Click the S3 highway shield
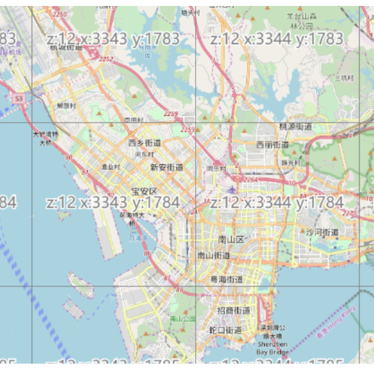point(20,97)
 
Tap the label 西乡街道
point(144,143)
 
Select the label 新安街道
point(166,168)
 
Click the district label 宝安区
point(144,191)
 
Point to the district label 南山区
point(231,240)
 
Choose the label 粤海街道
point(226,279)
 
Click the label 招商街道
point(233,311)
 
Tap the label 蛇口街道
point(225,330)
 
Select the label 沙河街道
point(322,232)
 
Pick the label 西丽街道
point(273,145)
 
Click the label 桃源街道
point(295,127)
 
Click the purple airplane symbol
point(231,190)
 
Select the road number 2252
point(106,60)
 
